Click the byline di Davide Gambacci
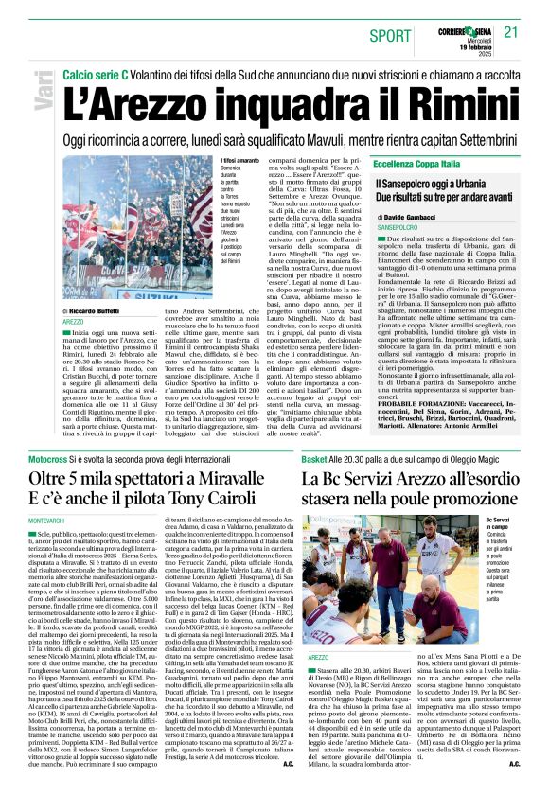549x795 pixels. click(413, 217)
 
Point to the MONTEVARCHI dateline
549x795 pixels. click(46, 522)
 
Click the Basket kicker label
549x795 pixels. click(315, 458)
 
